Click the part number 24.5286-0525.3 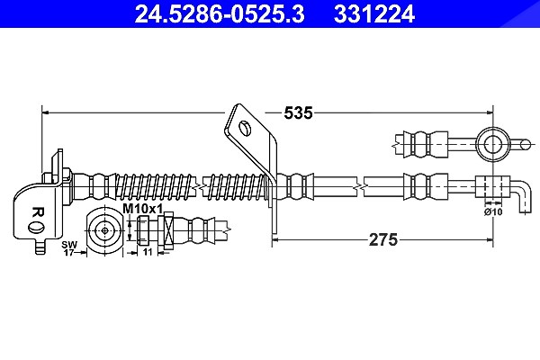coord(220,13)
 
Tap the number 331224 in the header coord(374,13)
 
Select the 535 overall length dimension coord(298,112)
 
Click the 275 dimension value coord(383,239)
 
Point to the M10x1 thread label coord(142,209)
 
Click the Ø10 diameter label coord(493,211)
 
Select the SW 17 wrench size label coord(69,248)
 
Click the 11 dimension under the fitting coord(148,252)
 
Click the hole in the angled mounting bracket coord(245,129)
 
